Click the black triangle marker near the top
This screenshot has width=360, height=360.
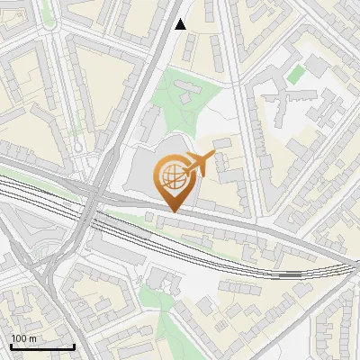coord(181,24)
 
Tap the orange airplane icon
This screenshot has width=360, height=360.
coord(205,164)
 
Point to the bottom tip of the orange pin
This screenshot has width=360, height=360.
coord(171,211)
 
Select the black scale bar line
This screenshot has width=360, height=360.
coord(41,346)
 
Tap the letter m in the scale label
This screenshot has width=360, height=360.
coord(33,338)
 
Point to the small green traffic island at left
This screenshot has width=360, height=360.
coord(76,144)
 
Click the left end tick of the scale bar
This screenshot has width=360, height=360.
coord(10,346)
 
